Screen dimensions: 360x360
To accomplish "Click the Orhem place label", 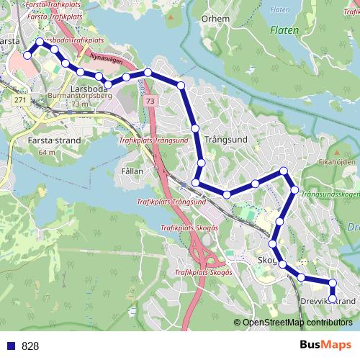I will pos(215,19).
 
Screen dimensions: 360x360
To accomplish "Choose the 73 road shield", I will pos(150,103).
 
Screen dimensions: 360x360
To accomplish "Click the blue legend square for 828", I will pos(12,346).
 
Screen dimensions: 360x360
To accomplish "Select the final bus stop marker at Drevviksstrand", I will pos(332,294).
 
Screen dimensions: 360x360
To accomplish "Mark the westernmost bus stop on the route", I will pos(27,55).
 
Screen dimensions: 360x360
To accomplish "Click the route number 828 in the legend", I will pos(30,346).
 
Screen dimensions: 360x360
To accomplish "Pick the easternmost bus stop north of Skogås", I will pos(294,190).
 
